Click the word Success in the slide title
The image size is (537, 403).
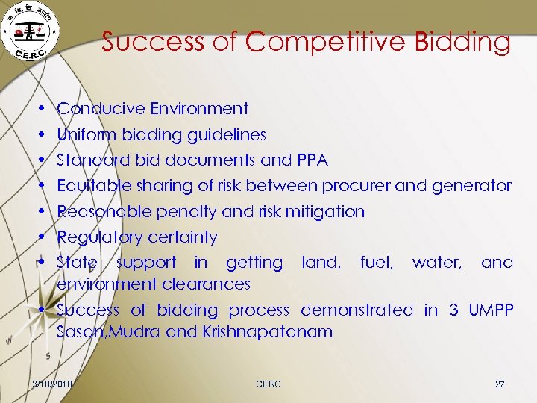(x=152, y=42)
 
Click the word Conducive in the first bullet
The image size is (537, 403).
(x=101, y=109)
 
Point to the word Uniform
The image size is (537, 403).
(x=87, y=135)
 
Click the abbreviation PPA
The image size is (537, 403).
(x=312, y=160)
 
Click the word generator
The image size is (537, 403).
(x=468, y=185)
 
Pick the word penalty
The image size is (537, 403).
(x=187, y=212)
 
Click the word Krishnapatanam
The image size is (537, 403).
(x=267, y=332)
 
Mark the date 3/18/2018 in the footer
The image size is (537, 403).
(x=47, y=384)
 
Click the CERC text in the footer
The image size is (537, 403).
(x=268, y=384)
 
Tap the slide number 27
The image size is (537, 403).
(x=499, y=384)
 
